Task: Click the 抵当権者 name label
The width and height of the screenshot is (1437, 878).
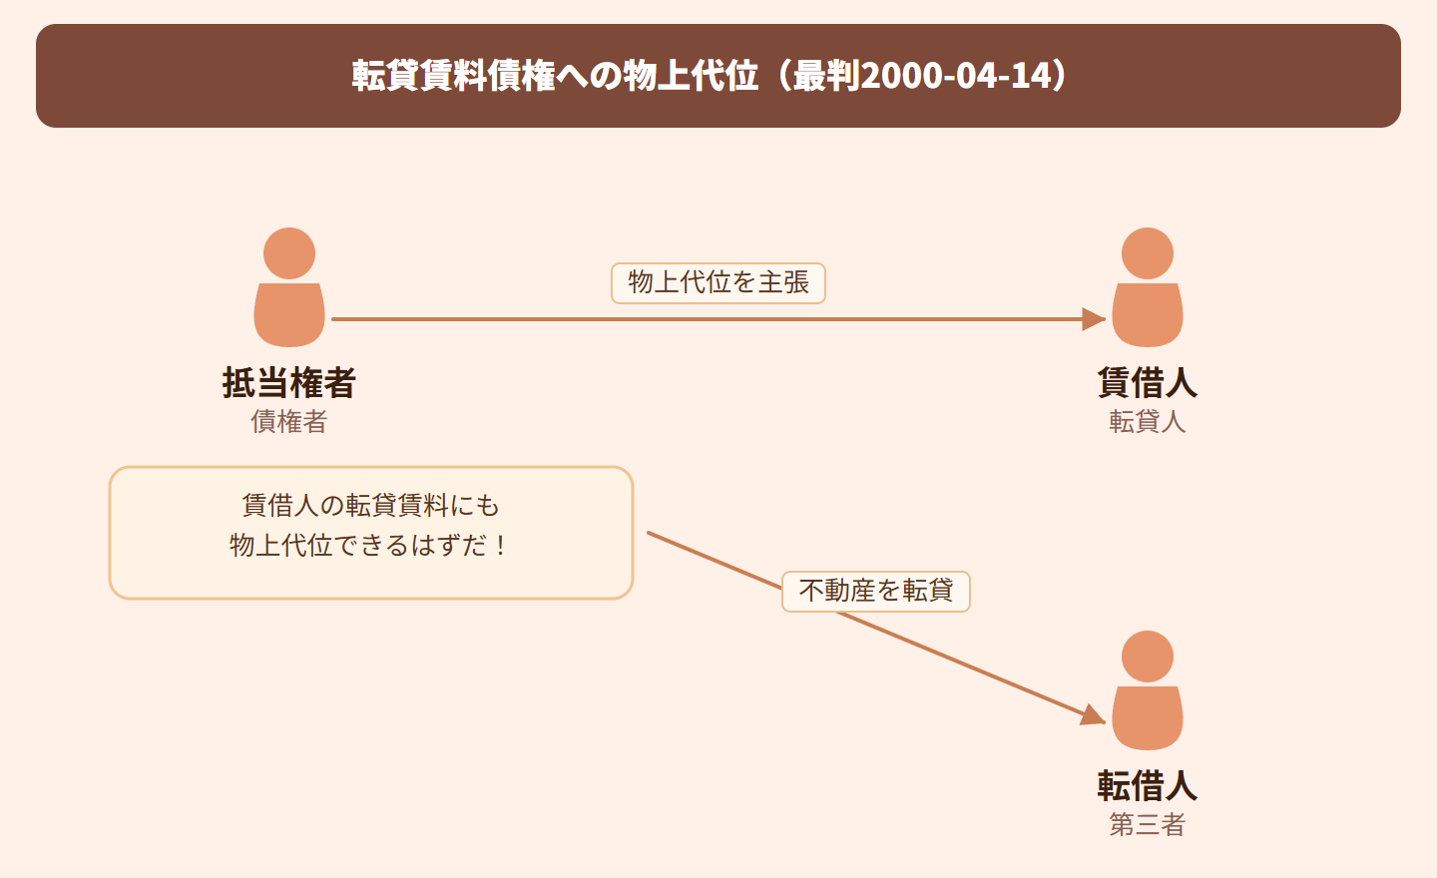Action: click(289, 383)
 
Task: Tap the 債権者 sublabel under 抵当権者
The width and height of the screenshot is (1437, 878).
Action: click(289, 422)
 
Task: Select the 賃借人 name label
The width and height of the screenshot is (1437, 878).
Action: click(1147, 383)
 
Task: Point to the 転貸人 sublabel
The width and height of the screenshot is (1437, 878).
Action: click(1147, 422)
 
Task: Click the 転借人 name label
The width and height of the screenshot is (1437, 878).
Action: click(1147, 786)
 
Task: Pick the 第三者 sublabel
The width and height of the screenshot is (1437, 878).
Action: click(1147, 825)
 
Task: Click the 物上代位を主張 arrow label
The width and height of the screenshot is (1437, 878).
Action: click(718, 283)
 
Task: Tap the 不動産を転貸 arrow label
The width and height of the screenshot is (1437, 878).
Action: click(876, 592)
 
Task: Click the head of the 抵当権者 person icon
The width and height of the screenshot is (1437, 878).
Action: click(289, 253)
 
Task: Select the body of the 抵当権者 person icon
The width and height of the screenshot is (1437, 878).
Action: click(289, 315)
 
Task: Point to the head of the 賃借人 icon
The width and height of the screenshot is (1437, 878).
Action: click(1148, 253)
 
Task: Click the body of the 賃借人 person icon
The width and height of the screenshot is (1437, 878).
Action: click(1148, 315)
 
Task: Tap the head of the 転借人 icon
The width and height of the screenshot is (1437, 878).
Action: click(1148, 657)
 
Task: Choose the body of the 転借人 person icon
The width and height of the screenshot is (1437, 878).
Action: click(1148, 718)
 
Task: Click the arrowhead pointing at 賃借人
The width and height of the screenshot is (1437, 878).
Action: click(1094, 319)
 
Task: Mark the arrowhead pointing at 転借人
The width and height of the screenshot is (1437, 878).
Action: click(1094, 715)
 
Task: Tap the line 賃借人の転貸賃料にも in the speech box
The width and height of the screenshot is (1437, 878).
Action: click(370, 506)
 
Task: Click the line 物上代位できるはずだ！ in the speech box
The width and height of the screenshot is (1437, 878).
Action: click(370, 546)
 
